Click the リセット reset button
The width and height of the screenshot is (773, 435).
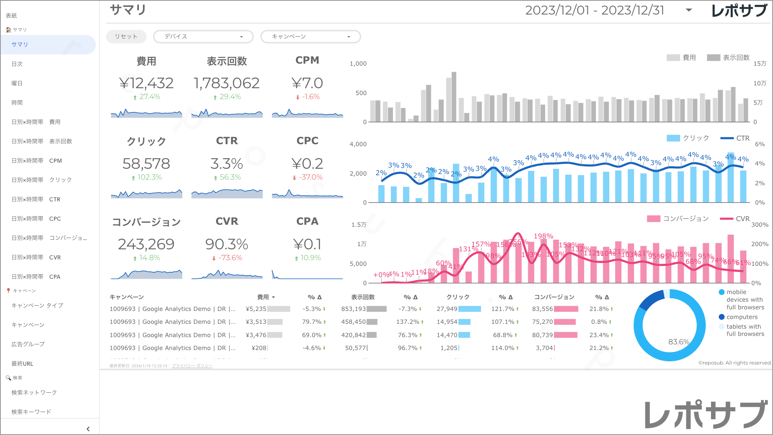126,37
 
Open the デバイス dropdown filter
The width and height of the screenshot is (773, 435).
203,37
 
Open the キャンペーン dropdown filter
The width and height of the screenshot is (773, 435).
310,37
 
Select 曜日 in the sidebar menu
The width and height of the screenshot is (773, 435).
17,83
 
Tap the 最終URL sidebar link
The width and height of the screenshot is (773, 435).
22,364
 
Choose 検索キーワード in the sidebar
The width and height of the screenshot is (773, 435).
31,412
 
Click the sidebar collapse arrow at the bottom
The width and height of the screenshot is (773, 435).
88,429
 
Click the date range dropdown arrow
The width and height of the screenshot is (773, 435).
689,10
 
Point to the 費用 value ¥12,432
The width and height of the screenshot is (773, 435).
146,83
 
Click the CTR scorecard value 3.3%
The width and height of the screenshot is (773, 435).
227,164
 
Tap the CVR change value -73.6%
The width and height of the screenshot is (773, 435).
230,258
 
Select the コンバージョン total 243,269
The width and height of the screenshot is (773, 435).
146,244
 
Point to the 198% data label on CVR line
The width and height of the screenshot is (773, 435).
543,236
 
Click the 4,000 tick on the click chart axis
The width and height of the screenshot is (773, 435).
358,144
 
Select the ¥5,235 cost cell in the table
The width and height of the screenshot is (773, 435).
256,309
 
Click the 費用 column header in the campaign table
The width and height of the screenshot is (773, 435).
263,297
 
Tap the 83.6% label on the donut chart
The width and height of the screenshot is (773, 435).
679,342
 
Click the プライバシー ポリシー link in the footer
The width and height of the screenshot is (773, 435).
192,366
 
